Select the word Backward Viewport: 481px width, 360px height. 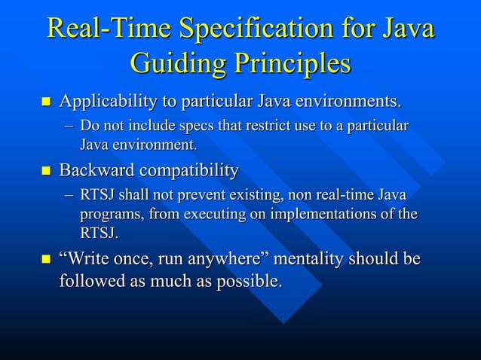click(96, 170)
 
